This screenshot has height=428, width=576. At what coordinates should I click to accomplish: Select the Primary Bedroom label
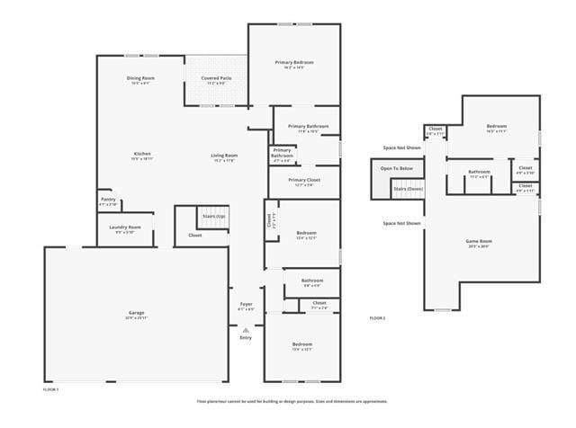click(x=294, y=64)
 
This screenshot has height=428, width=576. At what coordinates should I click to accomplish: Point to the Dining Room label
click(x=140, y=80)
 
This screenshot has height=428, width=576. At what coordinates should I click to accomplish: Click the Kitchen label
click(x=142, y=156)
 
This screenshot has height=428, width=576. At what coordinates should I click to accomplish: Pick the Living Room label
click(x=224, y=156)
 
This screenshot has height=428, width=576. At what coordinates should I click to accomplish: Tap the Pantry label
click(x=108, y=201)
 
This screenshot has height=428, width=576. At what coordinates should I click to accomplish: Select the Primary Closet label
click(x=304, y=182)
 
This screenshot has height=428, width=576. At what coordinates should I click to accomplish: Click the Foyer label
click(x=246, y=306)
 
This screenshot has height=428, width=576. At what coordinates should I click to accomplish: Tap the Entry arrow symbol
click(x=246, y=330)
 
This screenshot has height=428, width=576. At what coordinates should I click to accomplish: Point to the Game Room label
click(x=479, y=243)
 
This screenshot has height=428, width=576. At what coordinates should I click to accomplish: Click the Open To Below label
click(x=396, y=168)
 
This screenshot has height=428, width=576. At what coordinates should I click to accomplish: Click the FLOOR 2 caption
click(x=377, y=318)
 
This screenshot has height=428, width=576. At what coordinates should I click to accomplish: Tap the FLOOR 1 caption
click(x=51, y=389)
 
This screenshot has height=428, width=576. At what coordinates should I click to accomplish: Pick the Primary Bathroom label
click(x=308, y=128)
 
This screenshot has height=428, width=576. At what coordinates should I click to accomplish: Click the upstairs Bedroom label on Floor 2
click(x=497, y=127)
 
